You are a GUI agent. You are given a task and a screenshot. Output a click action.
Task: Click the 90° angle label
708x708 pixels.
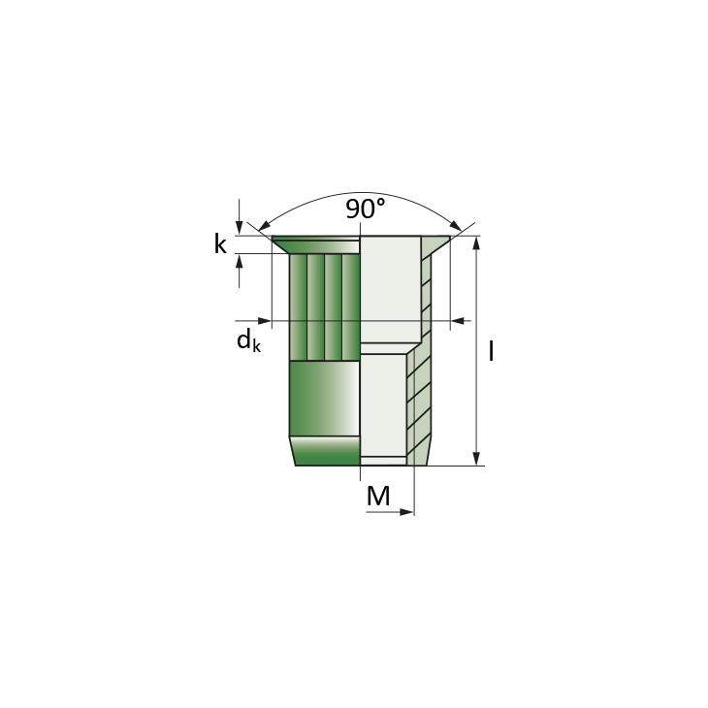click(366, 209)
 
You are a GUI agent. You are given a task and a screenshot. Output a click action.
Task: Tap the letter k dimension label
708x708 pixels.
click(220, 244)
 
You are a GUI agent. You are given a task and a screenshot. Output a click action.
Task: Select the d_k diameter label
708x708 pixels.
click(248, 339)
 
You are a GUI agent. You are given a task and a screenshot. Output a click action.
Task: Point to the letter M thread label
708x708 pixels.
click(378, 496)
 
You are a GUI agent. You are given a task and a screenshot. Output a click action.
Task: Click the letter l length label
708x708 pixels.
click(491, 351)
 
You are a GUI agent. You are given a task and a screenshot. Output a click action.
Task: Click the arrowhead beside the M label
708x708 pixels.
click(406, 512)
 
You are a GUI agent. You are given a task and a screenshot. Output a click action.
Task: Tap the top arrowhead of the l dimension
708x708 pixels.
click(476, 242)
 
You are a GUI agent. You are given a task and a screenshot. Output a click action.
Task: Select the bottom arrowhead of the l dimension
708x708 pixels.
click(476, 459)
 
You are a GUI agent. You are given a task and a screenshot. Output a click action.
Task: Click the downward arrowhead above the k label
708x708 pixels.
click(240, 229)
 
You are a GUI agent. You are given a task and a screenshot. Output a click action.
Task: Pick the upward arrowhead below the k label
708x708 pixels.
click(240, 261)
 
